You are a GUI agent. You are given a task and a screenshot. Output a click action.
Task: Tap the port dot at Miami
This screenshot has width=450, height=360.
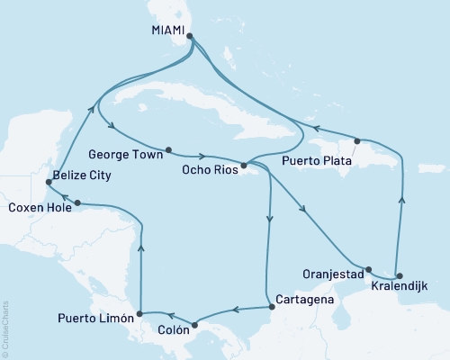pos(189,37)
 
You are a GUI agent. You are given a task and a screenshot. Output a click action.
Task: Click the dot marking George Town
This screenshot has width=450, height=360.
pos(168,148)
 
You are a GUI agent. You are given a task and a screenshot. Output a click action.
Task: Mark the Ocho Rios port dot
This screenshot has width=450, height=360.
pos(244,166)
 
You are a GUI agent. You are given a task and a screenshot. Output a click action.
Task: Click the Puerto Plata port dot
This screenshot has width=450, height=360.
pos(358,141)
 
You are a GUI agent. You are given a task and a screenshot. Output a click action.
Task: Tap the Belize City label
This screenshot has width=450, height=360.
pos(82,175)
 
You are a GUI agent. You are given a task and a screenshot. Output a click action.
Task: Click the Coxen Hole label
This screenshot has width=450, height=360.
pos(38,207)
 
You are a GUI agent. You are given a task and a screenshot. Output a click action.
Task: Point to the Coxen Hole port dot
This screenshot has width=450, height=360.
pos(78,202)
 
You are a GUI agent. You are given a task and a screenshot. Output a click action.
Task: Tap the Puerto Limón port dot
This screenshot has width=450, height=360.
pos(139,315)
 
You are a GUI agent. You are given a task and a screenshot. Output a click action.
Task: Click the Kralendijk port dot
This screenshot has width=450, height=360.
pos(400,276)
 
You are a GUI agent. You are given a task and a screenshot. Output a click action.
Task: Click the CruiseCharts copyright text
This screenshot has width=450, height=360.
pos(6,328)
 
